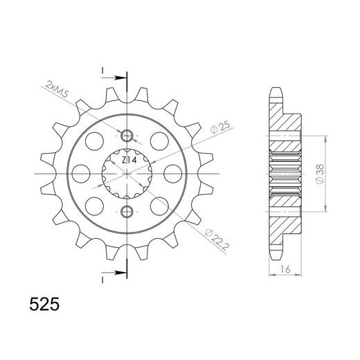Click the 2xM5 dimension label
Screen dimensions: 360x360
[x=56, y=89]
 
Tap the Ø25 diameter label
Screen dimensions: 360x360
[x=220, y=127]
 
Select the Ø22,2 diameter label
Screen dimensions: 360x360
[x=217, y=240]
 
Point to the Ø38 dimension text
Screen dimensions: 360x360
[x=320, y=174]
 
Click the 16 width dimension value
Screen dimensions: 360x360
[x=285, y=269]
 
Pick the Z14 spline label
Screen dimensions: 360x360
[x=129, y=160]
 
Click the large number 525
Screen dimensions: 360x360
[x=44, y=304]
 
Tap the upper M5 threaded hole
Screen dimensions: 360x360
[x=127, y=136]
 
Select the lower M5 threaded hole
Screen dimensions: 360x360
[x=127, y=211]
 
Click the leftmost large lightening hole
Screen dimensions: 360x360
[x=80, y=174]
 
